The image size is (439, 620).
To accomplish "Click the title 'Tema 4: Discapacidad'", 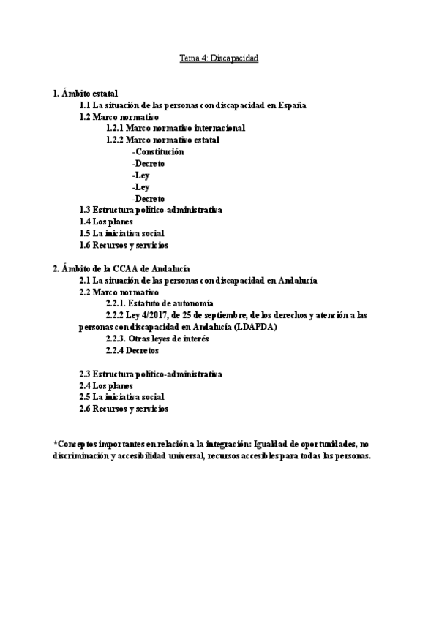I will (x=219, y=57).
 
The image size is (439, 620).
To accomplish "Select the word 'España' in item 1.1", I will (x=281, y=105).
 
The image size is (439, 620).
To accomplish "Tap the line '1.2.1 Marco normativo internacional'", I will (x=175, y=128).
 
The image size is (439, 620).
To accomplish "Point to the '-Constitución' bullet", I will (x=158, y=151).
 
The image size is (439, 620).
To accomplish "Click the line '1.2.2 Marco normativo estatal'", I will (x=162, y=140).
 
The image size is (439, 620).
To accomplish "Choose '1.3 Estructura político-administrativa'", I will (x=150, y=210).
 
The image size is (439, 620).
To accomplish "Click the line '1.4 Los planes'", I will (x=106, y=222).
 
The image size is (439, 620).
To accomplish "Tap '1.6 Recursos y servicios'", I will (x=124, y=245).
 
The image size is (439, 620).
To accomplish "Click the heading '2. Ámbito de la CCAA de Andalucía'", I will (x=121, y=268).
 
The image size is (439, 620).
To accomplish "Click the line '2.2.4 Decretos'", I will (x=132, y=350).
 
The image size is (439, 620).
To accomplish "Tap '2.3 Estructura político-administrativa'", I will (x=150, y=374).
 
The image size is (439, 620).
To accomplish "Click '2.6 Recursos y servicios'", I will (x=124, y=409).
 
